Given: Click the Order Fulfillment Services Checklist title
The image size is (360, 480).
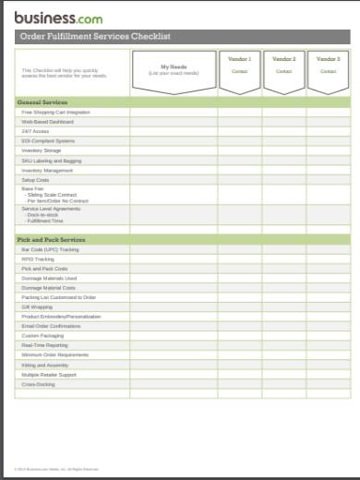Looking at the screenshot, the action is (x=96, y=37).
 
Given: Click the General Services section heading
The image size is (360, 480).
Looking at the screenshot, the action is (x=43, y=102).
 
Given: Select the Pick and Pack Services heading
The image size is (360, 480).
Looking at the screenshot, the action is (x=52, y=240).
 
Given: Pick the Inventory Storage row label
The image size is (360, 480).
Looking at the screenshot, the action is (x=42, y=150).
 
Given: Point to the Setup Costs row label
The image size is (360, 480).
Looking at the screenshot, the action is (x=36, y=180).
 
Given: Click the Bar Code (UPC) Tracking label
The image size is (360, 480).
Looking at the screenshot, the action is (x=51, y=249).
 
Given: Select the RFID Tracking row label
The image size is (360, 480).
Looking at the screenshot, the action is (x=38, y=259).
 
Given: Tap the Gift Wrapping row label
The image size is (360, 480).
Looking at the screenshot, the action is (x=36, y=307).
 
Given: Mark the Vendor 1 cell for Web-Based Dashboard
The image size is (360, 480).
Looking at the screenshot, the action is (x=239, y=122).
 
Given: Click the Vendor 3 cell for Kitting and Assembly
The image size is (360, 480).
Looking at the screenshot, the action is (x=328, y=365).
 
